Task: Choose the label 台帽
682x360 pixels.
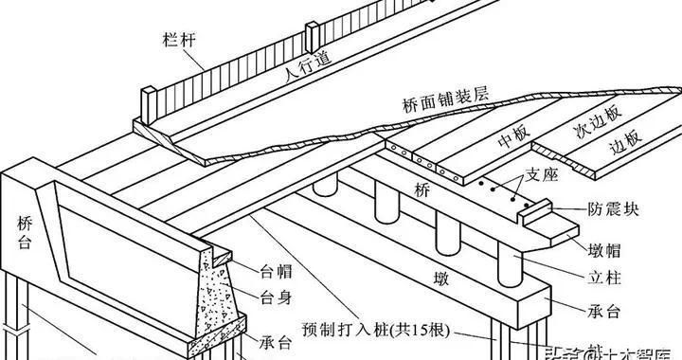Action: pos(275,268)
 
